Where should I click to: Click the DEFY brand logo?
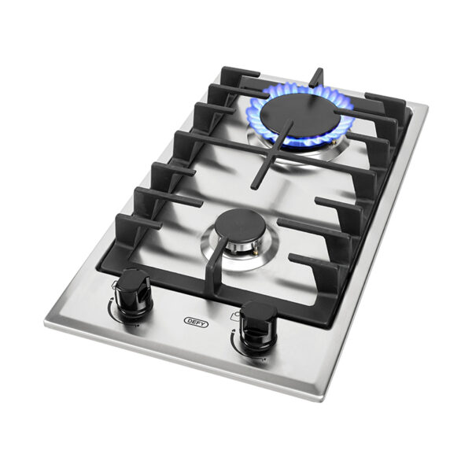coord(193,321)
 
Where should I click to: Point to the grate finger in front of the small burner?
coord(211,275)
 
